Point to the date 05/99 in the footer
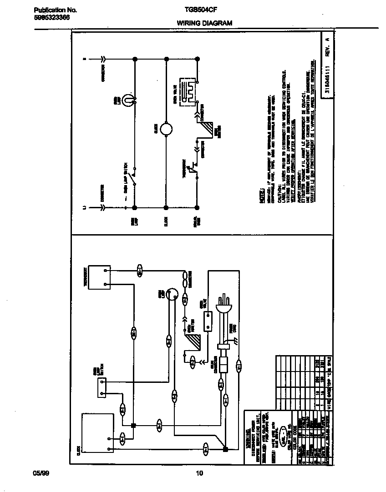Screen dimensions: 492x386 coord(41,473)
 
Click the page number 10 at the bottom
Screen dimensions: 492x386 coord(199,473)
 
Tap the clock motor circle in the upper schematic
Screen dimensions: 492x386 coord(166,129)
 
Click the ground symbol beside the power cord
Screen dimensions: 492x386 coord(235,340)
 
